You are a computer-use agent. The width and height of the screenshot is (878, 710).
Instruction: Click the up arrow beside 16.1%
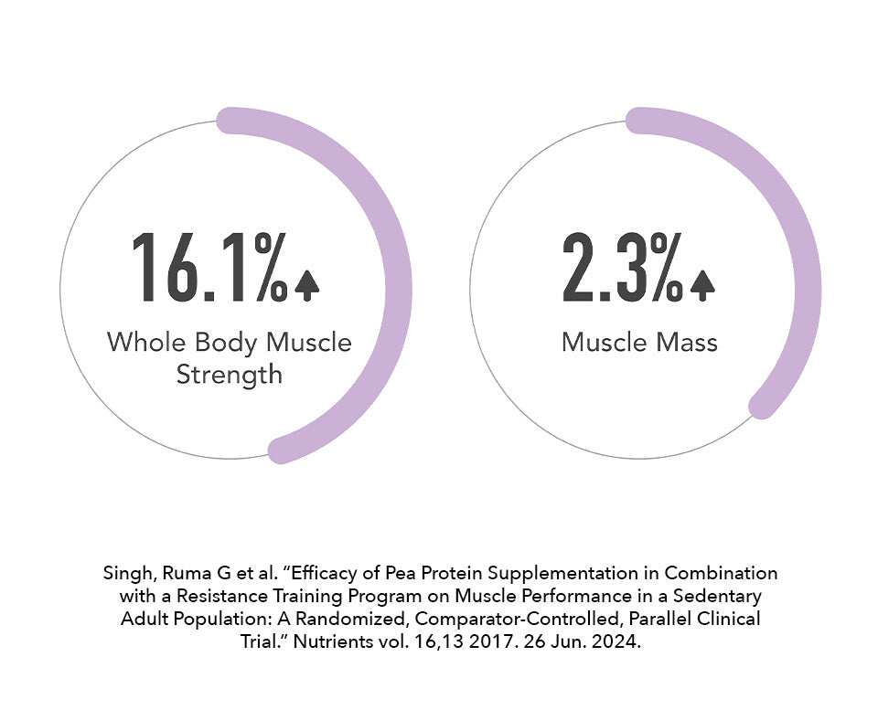tap(307, 286)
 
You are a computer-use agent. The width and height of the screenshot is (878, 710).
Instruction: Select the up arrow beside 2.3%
tap(701, 286)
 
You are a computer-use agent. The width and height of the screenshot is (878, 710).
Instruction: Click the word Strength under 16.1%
tap(229, 375)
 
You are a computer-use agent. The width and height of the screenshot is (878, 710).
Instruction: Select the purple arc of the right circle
tap(805, 274)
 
